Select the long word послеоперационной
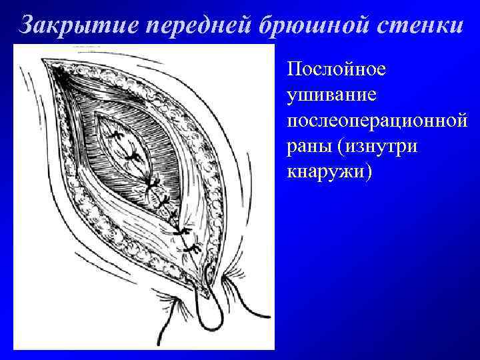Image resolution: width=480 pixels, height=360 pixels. [x=375, y=121]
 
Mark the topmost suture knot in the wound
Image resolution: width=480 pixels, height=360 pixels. [x=119, y=137]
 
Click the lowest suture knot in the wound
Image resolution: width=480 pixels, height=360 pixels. [x=193, y=249]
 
